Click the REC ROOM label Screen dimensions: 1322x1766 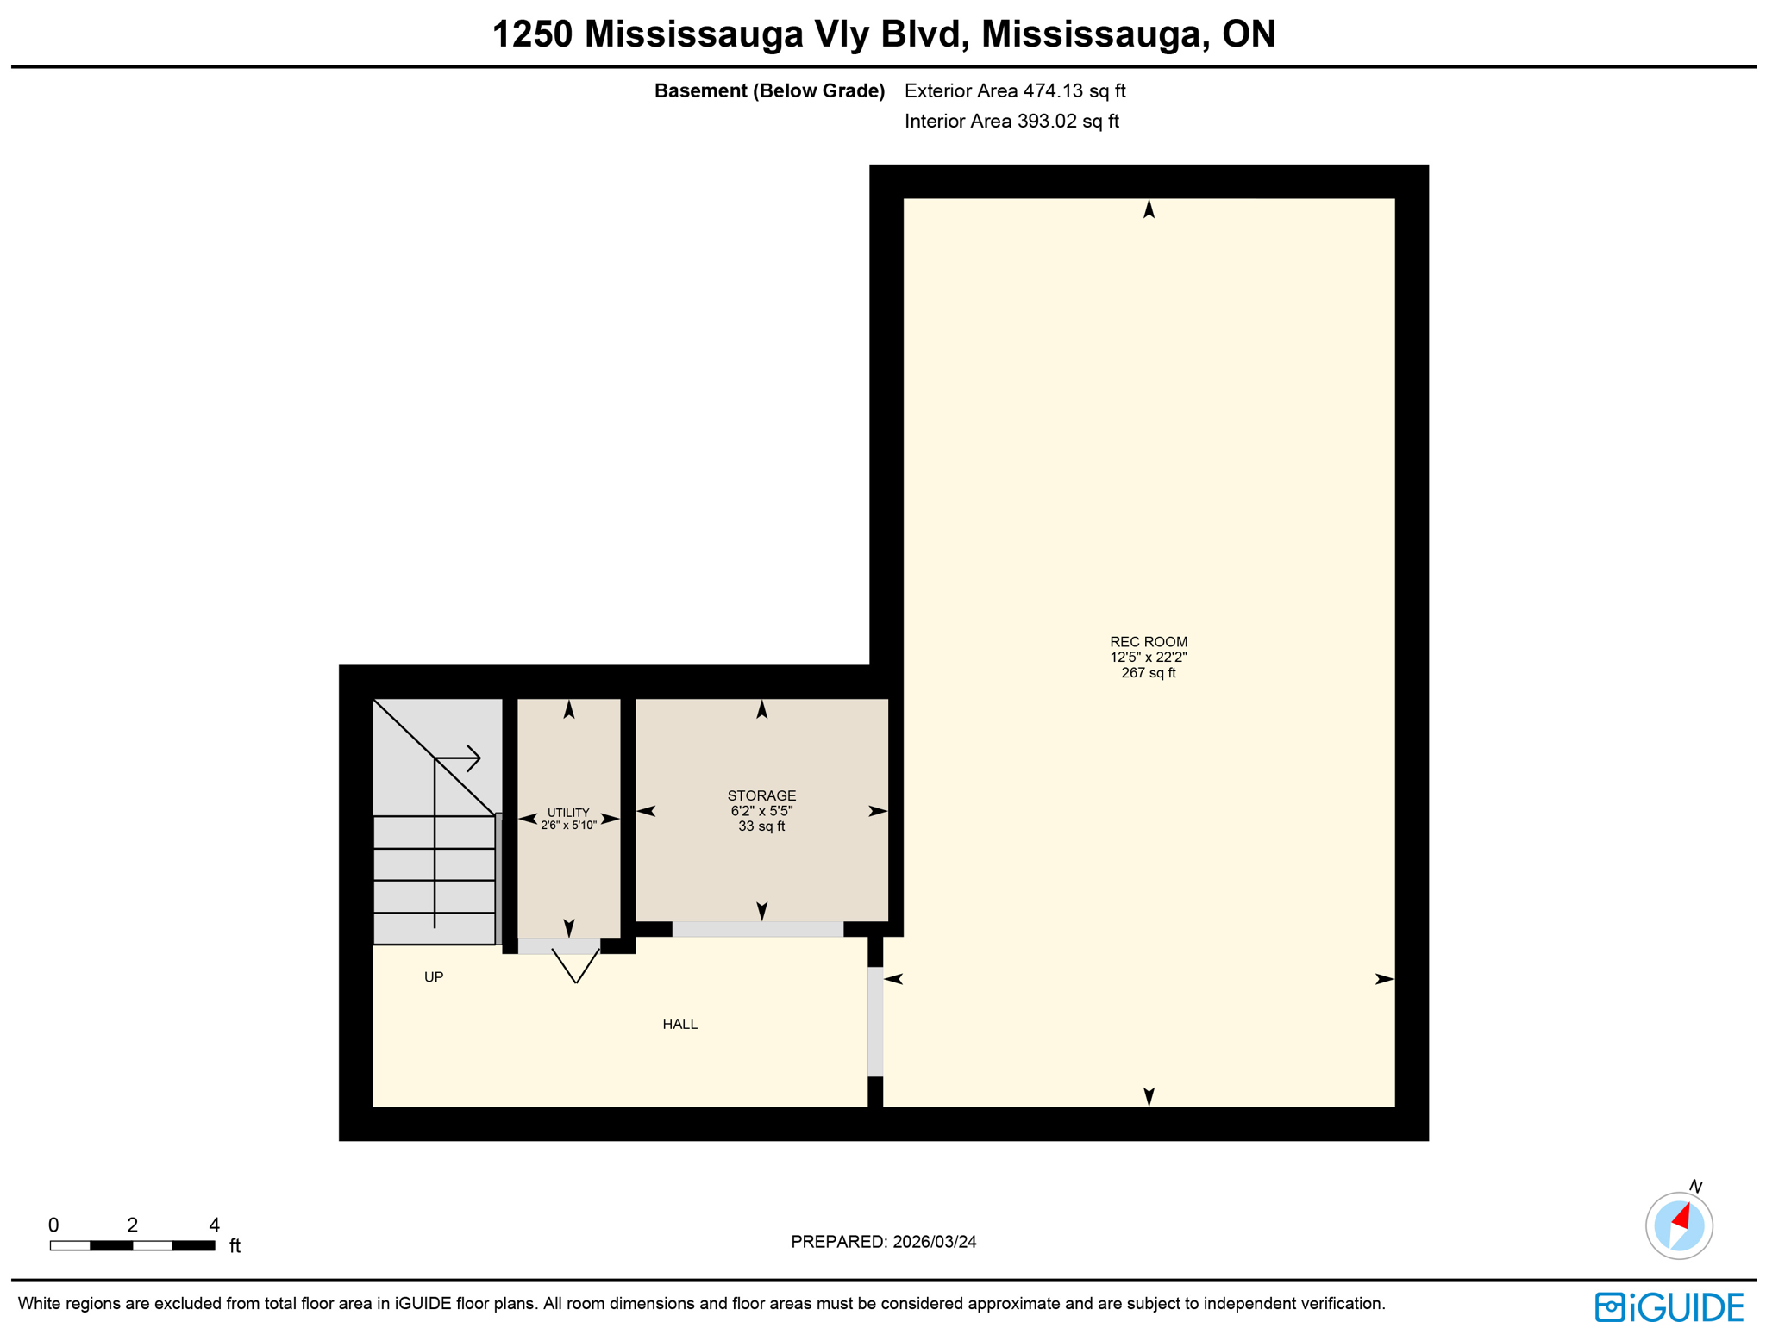coord(1148,642)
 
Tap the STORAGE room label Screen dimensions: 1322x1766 coord(761,795)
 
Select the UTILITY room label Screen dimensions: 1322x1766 coord(568,813)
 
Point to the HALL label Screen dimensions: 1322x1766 coord(679,1024)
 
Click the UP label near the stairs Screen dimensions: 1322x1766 coord(434,976)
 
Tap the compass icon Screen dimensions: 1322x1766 coord(1678,1225)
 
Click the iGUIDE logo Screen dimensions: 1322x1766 coord(1669,1306)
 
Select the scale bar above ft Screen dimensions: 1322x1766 coord(132,1245)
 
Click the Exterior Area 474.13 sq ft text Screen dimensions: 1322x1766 coord(1015,90)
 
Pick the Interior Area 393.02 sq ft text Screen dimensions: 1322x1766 coord(1011,121)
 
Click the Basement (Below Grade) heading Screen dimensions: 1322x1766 coord(769,90)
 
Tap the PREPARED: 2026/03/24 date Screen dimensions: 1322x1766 coord(883,1242)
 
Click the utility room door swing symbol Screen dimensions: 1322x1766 coord(575,965)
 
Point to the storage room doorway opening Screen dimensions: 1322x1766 coord(757,929)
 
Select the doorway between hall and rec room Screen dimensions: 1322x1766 coord(874,1021)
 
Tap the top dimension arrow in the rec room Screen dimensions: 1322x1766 coord(1149,209)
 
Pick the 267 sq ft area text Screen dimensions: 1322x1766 coord(1148,673)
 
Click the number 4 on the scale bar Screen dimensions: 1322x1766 coord(214,1225)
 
